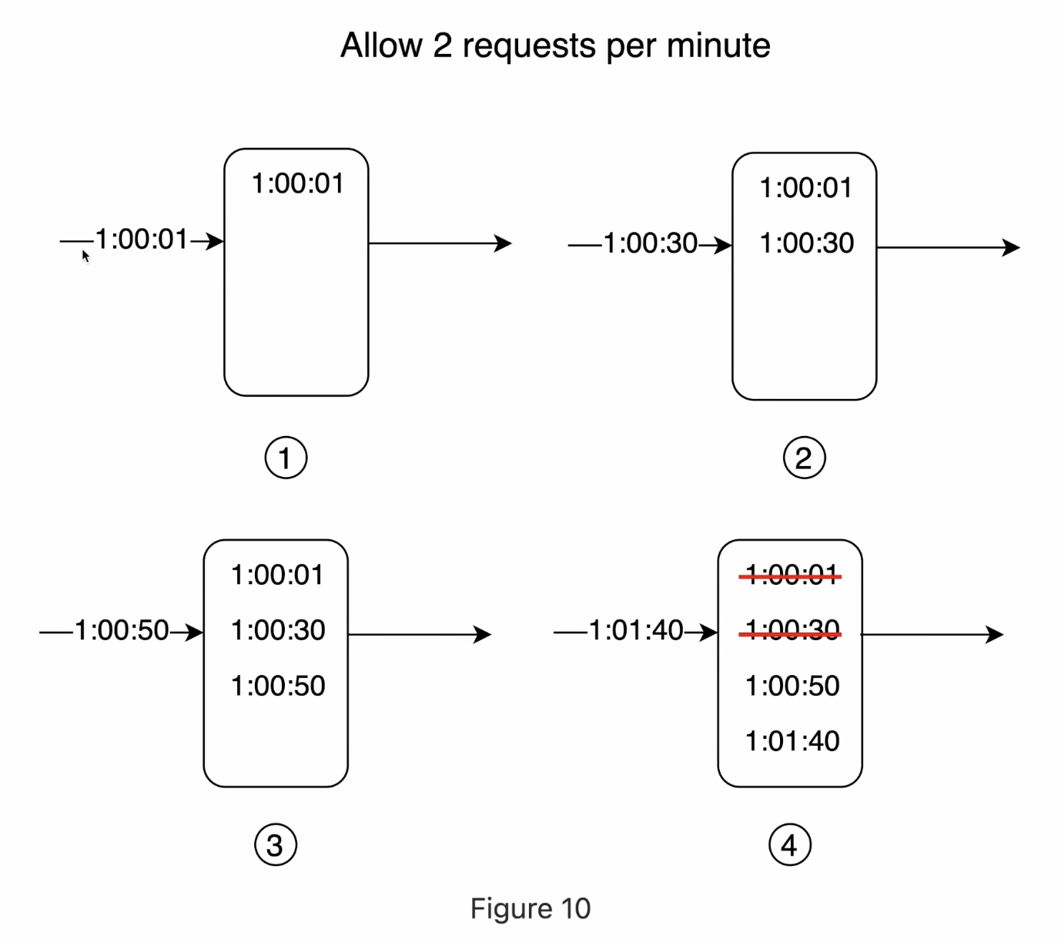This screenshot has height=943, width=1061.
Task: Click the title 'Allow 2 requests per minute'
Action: tap(555, 45)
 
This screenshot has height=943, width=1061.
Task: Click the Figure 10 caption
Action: tap(530, 908)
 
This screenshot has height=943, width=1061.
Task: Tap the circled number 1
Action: tap(286, 458)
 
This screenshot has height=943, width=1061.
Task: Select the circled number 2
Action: tap(804, 458)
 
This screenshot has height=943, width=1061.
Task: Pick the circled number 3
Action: tap(275, 845)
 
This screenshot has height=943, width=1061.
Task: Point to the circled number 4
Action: tap(789, 845)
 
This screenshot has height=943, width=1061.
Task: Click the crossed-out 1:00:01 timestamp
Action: tap(792, 575)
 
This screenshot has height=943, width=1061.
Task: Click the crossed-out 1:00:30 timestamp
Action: tap(792, 631)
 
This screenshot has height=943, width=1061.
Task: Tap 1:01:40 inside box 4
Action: tap(792, 741)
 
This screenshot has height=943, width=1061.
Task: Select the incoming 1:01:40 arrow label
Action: tap(636, 631)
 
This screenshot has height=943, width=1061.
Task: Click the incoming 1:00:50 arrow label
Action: tap(122, 631)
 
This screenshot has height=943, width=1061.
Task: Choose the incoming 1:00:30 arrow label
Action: tap(651, 243)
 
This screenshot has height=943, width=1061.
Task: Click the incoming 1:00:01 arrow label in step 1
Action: tap(142, 240)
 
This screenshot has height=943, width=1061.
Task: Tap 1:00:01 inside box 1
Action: tap(297, 183)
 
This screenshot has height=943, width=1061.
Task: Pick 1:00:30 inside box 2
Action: tap(806, 243)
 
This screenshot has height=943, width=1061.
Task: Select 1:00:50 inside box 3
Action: tap(278, 686)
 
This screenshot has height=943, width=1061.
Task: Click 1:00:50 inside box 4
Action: tap(792, 686)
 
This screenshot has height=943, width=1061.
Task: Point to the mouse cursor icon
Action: tap(85, 256)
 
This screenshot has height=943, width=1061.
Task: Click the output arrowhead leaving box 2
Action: tap(1012, 247)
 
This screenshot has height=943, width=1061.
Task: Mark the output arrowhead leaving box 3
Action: tap(484, 635)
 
